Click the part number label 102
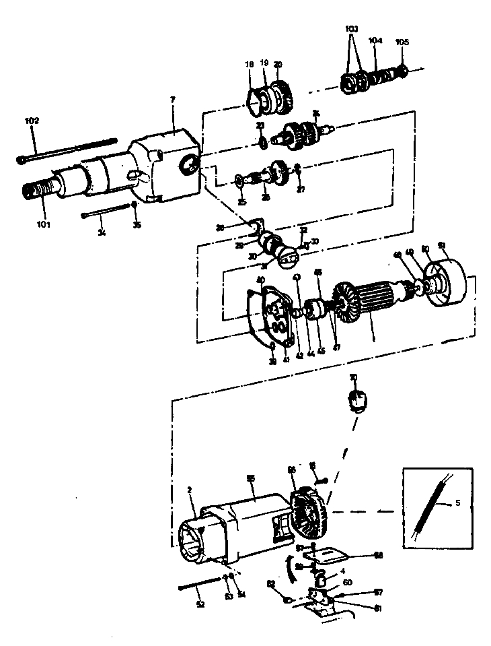tap(32, 121)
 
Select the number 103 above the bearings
tap(352, 29)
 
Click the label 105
tap(402, 42)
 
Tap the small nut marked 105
tap(403, 70)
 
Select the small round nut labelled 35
tap(135, 205)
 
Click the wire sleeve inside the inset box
tap(428, 512)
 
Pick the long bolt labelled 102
tap(67, 151)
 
